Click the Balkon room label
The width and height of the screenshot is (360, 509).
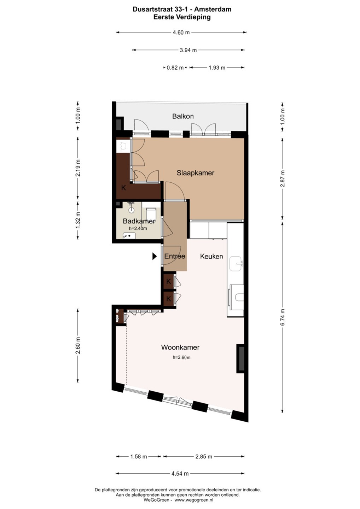183,116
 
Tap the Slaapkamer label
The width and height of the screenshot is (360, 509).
196,173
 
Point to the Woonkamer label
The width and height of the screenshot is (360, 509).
180,347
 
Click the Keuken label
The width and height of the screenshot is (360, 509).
211,256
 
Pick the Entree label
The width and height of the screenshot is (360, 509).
175,256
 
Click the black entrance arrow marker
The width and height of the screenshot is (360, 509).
155,257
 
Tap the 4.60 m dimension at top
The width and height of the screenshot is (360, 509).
181,32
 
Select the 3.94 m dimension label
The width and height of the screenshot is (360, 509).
188,50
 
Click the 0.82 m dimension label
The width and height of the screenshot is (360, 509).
175,68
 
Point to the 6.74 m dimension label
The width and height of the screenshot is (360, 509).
283,317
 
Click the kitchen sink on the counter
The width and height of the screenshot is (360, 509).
236,264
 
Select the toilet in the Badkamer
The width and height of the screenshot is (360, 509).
150,213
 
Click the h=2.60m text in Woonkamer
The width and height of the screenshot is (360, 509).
181,357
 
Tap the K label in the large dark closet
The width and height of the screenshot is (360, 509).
124,188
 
